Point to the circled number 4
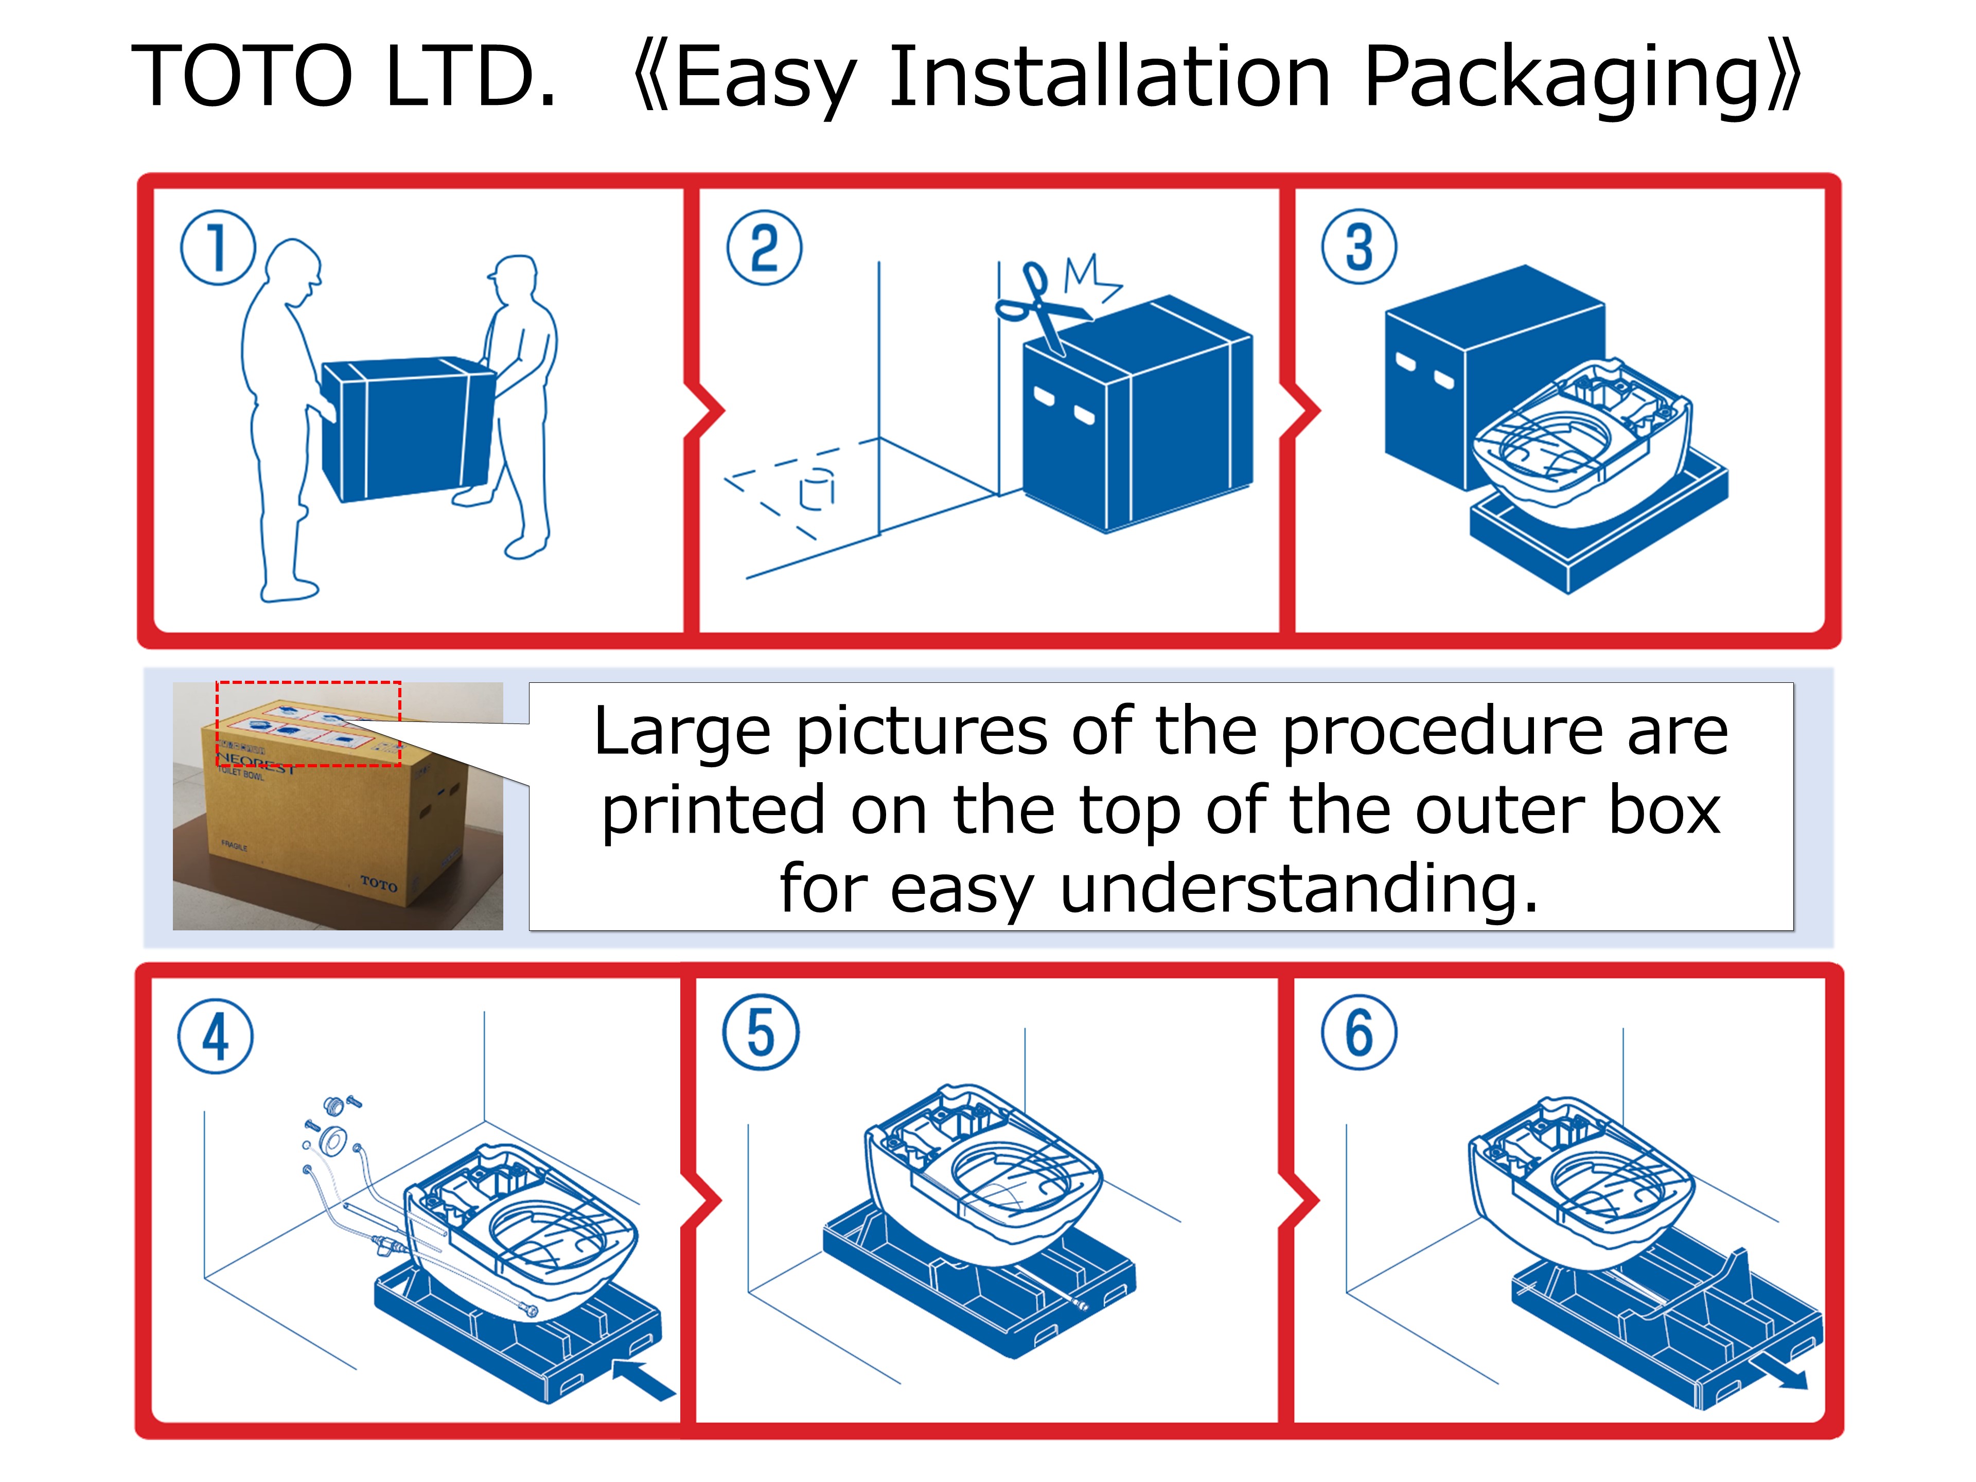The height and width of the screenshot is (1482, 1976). (215, 1036)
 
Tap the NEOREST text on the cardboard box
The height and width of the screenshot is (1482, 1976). (255, 763)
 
